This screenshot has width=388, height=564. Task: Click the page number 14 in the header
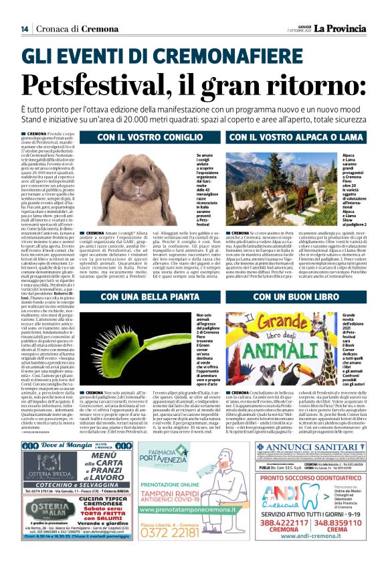pos(24,29)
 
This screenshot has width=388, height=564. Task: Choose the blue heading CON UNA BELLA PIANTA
pos(143,297)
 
